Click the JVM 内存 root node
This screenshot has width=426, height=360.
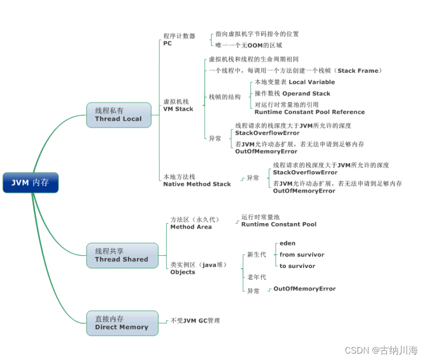click(30, 182)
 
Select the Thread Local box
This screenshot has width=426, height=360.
click(118, 114)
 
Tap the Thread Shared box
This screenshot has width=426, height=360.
click(121, 255)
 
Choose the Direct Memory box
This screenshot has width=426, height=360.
click(121, 323)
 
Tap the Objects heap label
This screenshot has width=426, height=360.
click(183, 272)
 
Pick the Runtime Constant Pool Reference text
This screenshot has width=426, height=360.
click(309, 112)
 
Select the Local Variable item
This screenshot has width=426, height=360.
click(312, 82)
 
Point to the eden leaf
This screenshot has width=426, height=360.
click(287, 243)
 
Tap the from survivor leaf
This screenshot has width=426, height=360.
click(301, 255)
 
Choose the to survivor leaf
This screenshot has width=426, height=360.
click(297, 266)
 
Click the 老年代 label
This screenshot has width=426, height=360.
click(256, 277)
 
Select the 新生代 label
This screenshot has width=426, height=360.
click(256, 255)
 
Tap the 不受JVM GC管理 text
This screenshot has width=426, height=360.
click(195, 320)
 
